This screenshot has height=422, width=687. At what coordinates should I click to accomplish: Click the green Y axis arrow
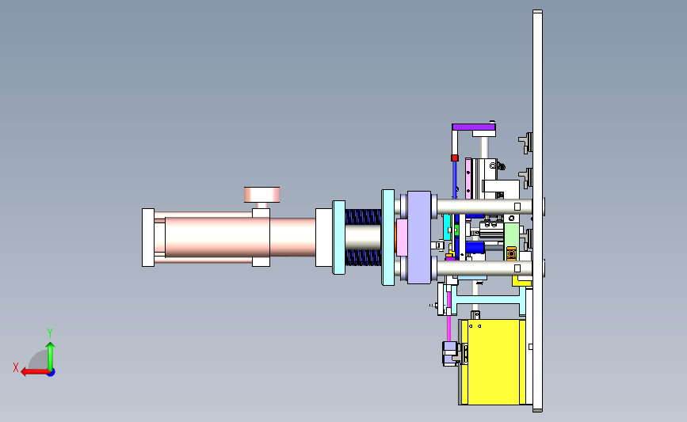(x=51, y=357)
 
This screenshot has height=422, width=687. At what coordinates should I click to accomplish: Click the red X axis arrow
(x=35, y=372)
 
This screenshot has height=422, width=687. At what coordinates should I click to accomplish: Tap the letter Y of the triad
(x=49, y=333)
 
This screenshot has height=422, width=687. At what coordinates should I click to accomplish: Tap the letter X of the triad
(x=16, y=367)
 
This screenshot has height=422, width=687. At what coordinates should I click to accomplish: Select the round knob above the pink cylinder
(x=262, y=195)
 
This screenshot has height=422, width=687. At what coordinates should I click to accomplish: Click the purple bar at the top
(x=474, y=127)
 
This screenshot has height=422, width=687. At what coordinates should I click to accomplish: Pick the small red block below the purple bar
(x=454, y=158)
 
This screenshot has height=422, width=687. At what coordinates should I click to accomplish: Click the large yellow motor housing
(x=493, y=362)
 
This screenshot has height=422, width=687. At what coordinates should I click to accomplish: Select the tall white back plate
(x=537, y=211)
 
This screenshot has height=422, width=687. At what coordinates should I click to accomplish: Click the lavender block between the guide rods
(x=419, y=238)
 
